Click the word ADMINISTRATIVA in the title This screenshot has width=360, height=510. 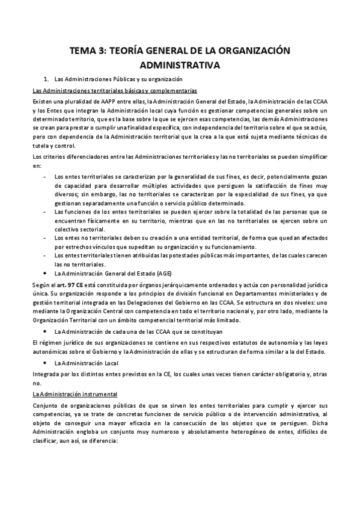pyautogui.click(x=180, y=64)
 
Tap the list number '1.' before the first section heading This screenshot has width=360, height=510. pyautogui.click(x=48, y=79)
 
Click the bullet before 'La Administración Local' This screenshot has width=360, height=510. pyautogui.click(x=47, y=363)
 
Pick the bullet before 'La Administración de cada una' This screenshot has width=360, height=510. pyautogui.click(x=47, y=331)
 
